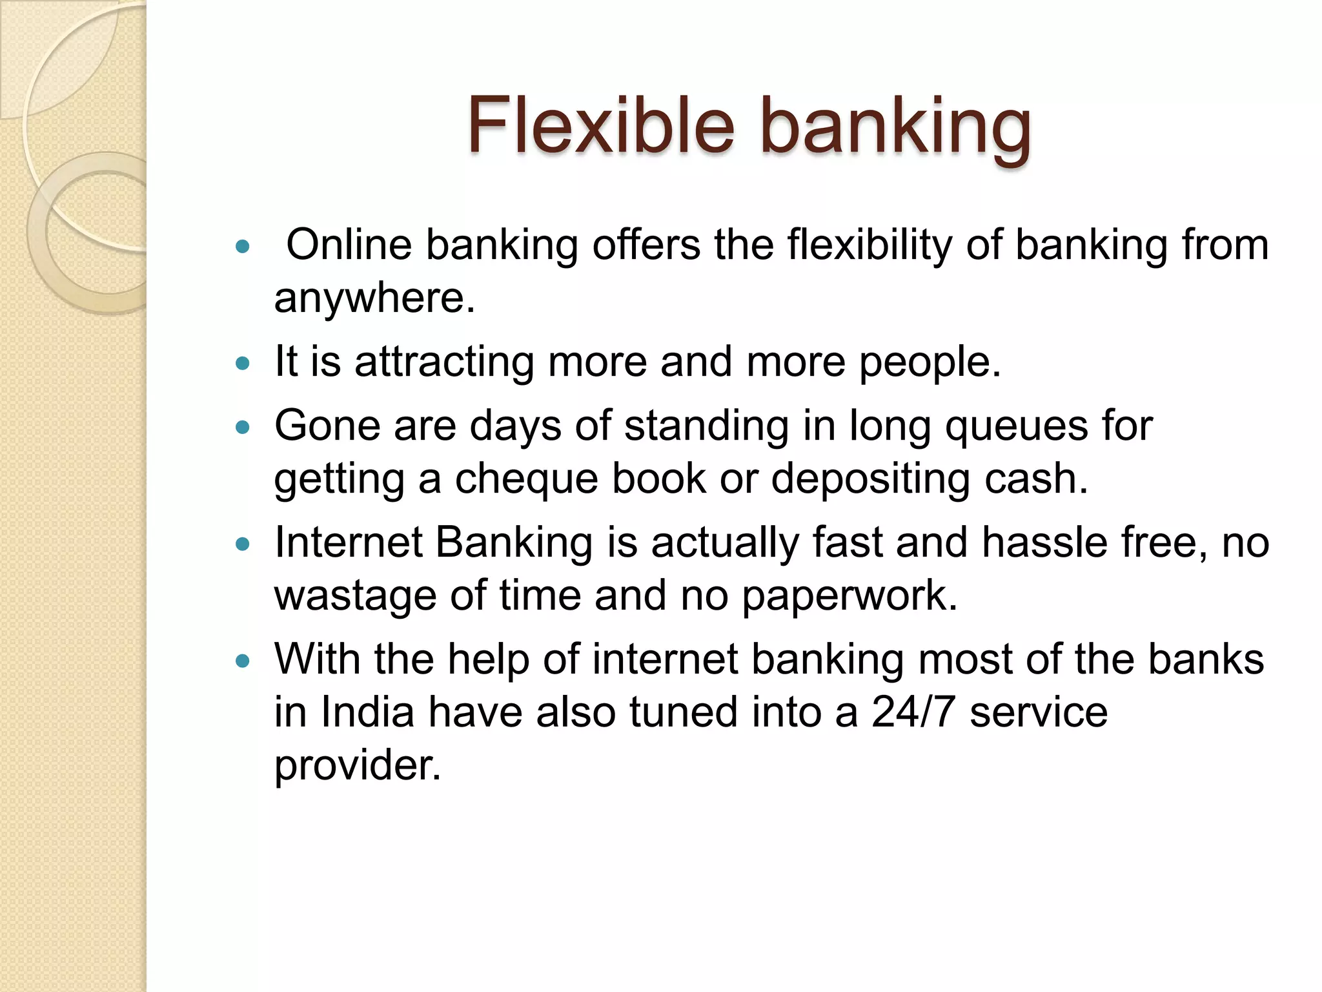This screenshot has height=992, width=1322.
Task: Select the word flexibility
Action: point(869,246)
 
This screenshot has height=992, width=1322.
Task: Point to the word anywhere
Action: point(374,298)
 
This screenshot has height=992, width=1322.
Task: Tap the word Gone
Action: point(327,426)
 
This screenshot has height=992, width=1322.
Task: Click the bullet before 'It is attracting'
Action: point(243,364)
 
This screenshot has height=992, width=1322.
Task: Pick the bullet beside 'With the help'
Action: point(243,661)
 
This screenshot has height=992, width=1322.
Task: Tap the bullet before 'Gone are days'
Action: point(243,428)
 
